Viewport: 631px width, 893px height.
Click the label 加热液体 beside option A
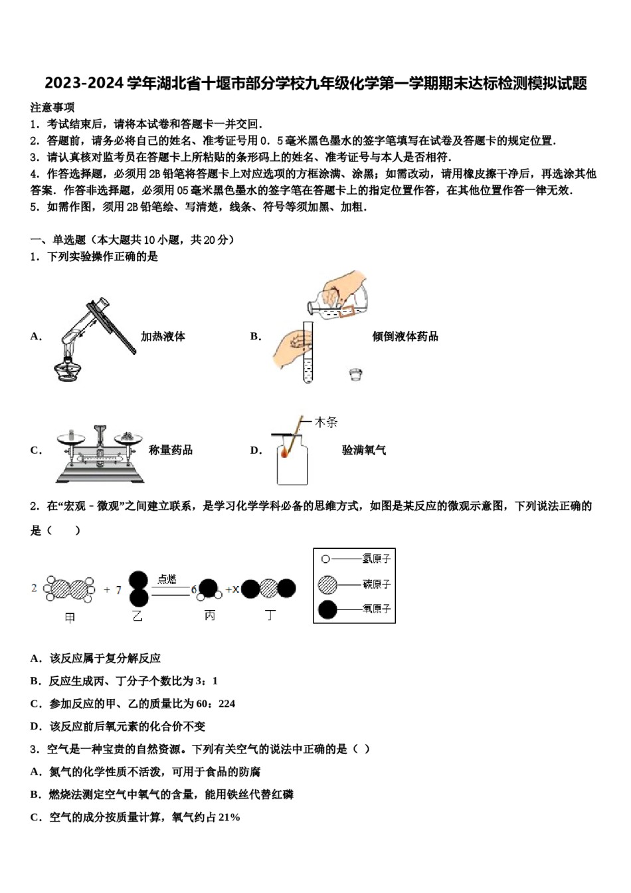[x=163, y=336]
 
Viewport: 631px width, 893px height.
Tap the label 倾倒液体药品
[x=405, y=336]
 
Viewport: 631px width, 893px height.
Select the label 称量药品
[x=171, y=450]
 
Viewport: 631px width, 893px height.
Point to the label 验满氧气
[x=363, y=450]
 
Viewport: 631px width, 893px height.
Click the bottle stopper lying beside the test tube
[x=355, y=374]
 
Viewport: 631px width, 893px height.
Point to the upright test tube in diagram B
[x=308, y=352]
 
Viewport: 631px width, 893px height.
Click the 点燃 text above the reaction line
[x=167, y=579]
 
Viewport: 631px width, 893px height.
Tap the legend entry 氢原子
[x=377, y=559]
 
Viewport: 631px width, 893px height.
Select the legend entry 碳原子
[x=377, y=584]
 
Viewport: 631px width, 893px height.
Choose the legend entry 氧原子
[x=377, y=609]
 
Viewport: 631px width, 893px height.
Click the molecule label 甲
[x=70, y=617]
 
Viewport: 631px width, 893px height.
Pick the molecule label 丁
[x=270, y=616]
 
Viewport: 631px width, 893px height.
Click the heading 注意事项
[x=52, y=108]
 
